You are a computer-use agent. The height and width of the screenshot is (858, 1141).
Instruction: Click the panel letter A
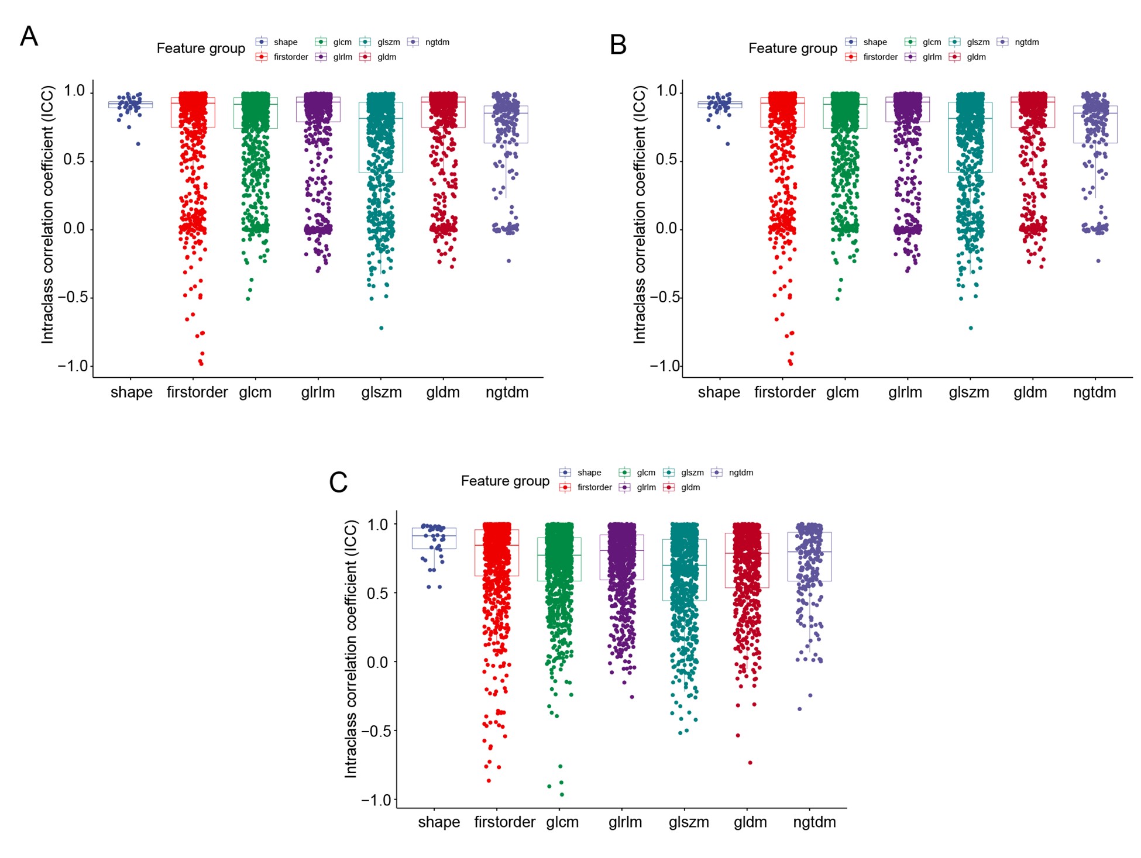pos(29,36)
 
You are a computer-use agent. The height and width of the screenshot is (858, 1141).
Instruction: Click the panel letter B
pos(618,44)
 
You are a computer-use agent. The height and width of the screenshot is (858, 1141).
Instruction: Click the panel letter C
pos(338,483)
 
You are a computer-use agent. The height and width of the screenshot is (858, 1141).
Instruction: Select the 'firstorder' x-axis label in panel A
pos(197,392)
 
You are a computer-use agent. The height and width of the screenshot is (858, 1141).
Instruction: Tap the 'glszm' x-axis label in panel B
pos(969,392)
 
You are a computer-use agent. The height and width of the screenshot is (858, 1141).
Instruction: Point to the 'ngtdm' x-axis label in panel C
pos(814,822)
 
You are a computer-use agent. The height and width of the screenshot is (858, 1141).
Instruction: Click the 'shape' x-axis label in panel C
pos(439,822)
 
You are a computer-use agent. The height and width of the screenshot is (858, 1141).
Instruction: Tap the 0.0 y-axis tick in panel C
pos(377,662)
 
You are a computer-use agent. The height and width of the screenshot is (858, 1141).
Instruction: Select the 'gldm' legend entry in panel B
pos(976,57)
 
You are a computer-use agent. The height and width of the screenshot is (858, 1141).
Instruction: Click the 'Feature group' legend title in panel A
pos(201,49)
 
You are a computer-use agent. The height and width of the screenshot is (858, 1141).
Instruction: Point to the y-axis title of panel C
pos(350,649)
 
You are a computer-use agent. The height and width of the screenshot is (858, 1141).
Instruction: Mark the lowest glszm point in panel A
pos(382,328)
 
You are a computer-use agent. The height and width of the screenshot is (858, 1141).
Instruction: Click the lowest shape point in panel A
pos(138,144)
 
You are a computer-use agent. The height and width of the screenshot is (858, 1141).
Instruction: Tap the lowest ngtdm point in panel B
pos(1098,261)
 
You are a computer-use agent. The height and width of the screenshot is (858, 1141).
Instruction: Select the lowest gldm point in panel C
pos(750,763)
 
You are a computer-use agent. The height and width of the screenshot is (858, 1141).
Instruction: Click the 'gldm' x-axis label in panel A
pos(443,392)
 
